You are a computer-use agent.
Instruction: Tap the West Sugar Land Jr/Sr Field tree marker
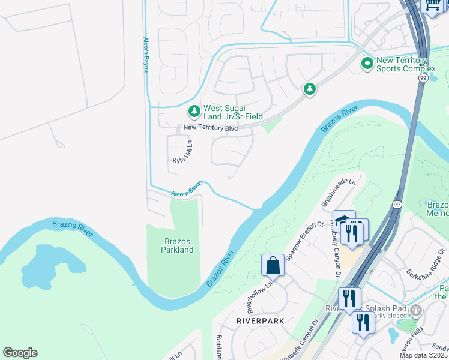point(194,111)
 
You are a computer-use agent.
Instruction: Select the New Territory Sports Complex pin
point(366,63)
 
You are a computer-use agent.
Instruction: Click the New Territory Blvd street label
point(210,128)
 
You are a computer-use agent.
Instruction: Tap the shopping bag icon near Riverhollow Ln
point(273,265)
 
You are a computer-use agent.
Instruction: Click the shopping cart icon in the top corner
point(433,5)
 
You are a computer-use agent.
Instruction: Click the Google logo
point(20,353)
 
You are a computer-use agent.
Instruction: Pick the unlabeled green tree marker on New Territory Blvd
point(309,89)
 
